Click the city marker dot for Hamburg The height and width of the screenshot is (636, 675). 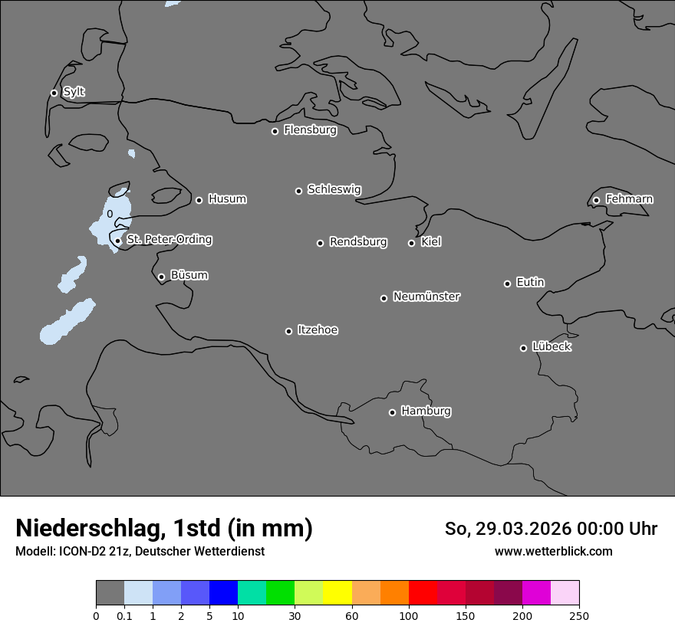392,412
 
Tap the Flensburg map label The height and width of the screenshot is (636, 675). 310,130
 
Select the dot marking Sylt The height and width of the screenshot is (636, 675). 54,93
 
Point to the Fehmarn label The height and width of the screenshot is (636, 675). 629,199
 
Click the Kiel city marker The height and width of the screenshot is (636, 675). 411,243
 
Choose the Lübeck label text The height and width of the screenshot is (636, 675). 552,346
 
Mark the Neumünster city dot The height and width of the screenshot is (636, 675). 384,298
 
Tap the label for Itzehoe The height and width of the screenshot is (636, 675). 318,330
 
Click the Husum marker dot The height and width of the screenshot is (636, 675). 199,200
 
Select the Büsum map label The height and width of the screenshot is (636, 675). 189,275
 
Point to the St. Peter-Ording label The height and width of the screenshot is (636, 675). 169,240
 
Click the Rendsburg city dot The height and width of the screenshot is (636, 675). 320,243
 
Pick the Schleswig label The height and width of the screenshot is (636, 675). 334,189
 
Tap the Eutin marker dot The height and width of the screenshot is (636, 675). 507,284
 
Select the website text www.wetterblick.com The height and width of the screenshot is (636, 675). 553,551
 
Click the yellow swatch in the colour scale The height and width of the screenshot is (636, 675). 337,593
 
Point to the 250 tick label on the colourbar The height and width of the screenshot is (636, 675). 578,615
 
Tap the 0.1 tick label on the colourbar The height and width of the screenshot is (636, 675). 124,615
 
